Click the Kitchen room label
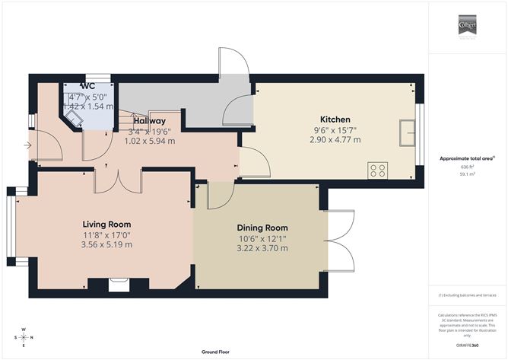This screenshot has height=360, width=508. tap(335, 119)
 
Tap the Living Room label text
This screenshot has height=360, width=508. tap(106, 225)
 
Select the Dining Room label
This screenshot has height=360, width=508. tap(262, 228)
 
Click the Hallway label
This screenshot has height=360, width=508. tap(149, 120)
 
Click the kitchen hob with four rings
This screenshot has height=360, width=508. tap(377, 170)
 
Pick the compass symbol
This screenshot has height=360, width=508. tap(24, 336)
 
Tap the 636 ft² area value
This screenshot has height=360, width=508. tap(467, 167)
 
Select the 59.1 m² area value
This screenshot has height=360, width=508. tap(467, 174)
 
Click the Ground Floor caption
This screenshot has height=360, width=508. tap(217, 352)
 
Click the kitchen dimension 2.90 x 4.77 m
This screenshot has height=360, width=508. tap(335, 140)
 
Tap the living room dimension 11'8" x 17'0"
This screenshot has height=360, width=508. tap(106, 235)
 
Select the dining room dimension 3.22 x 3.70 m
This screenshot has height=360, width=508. tap(262, 248)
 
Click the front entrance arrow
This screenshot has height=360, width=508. tap(28, 145)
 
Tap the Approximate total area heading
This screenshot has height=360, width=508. tap(467, 158)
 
